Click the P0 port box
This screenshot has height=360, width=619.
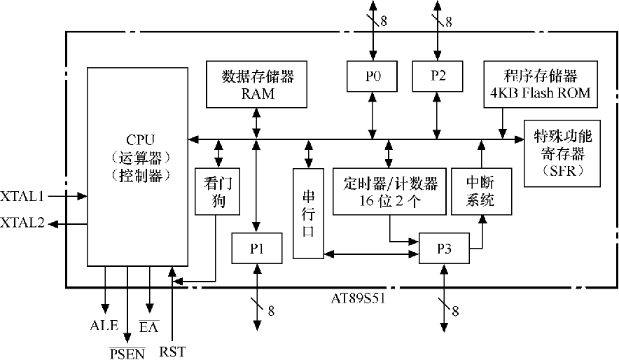coord(372,76)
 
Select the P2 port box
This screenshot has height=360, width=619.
coord(438,76)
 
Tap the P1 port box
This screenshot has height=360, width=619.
coord(256,249)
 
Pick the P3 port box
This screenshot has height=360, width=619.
coord(444,249)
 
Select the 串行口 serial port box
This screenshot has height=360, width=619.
coord(308,213)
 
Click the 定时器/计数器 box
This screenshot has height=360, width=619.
coord(390,191)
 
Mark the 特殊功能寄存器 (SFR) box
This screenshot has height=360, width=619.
coord(562,153)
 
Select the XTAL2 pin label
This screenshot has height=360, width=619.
coord(22,223)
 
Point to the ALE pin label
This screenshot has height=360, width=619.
coord(104,326)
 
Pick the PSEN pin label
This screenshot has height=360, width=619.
coord(127,352)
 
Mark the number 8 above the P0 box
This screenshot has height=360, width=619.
coord(384,22)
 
